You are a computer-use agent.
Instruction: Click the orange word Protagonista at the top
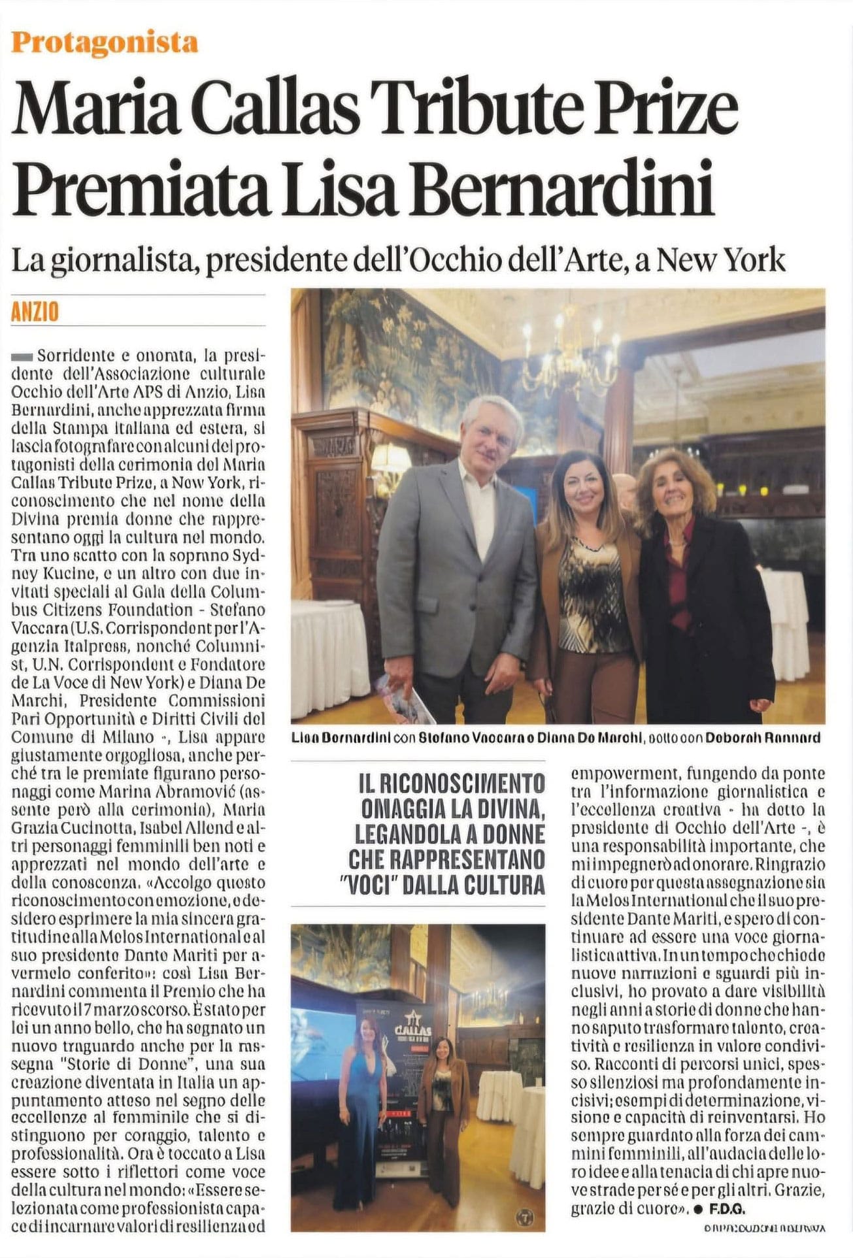pyautogui.click(x=105, y=43)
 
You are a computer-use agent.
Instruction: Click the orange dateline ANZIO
pyautogui.click(x=35, y=312)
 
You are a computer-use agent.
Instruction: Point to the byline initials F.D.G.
pyautogui.click(x=728, y=1208)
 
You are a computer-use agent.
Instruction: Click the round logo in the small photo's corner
pyautogui.click(x=525, y=1216)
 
